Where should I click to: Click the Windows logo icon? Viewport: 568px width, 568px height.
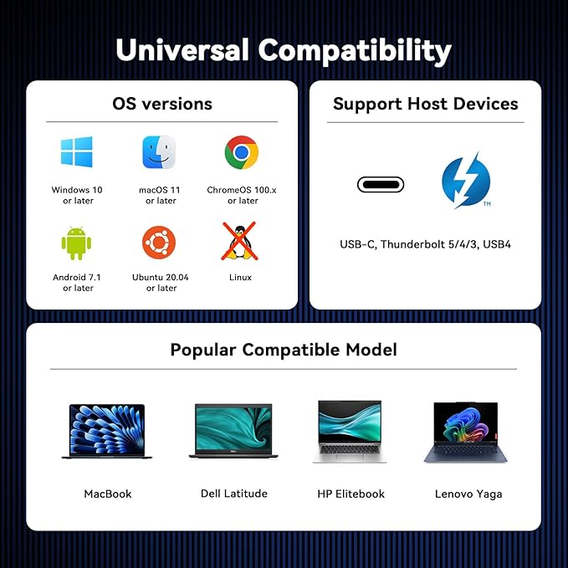(77, 152)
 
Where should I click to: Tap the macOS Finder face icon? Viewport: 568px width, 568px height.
(159, 152)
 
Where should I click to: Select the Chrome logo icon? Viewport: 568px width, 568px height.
(241, 152)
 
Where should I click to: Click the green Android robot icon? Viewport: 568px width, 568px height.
(77, 243)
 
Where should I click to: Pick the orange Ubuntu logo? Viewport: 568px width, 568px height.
(159, 243)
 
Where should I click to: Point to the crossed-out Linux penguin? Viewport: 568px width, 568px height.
(238, 241)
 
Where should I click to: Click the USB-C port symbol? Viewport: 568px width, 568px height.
(381, 184)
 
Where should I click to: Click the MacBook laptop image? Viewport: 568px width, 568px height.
(107, 431)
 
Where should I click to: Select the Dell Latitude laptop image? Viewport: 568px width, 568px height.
(233, 431)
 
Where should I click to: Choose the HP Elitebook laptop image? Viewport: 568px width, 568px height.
(351, 431)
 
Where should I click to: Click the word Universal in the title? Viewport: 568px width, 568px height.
(182, 50)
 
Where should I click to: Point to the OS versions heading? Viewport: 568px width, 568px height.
(161, 104)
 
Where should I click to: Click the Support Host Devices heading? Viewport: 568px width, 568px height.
(425, 104)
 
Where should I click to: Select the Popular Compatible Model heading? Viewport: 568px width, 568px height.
(284, 349)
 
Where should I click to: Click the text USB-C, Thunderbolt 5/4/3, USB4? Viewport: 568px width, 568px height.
(425, 245)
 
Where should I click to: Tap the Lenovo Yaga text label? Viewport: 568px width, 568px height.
(468, 494)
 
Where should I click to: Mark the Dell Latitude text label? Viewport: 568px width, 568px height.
(234, 494)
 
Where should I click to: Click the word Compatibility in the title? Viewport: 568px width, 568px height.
(355, 50)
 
